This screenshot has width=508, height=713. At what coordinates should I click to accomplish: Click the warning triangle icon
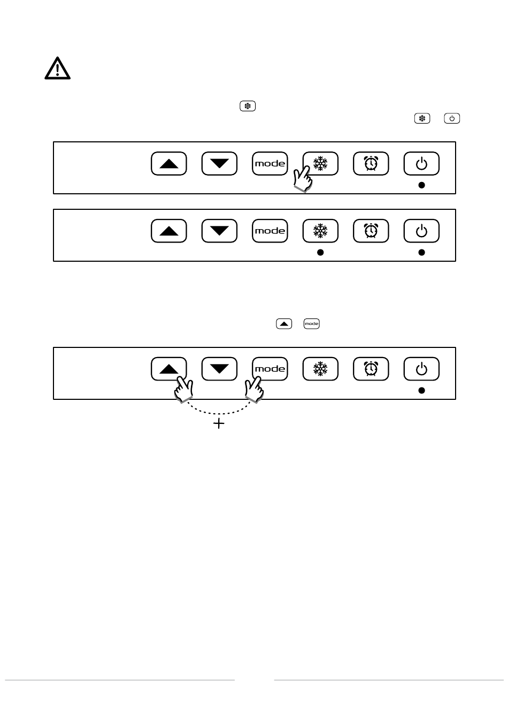(x=57, y=69)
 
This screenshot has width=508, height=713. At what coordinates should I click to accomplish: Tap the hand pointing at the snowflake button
(x=302, y=179)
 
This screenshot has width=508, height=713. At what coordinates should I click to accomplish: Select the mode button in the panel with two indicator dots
(x=270, y=231)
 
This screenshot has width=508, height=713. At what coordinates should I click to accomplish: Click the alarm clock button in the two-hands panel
(x=371, y=369)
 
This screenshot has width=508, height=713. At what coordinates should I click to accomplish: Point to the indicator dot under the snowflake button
(x=320, y=253)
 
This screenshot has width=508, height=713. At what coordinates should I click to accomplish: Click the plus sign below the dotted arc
(x=219, y=423)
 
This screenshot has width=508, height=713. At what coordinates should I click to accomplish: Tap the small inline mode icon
(x=312, y=324)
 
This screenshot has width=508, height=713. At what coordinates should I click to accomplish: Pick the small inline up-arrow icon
(x=284, y=324)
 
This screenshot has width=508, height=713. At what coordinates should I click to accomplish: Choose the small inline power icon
(x=452, y=118)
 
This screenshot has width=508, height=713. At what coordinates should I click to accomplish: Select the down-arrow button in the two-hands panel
(x=219, y=369)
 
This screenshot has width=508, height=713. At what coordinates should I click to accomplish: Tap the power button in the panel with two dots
(x=421, y=231)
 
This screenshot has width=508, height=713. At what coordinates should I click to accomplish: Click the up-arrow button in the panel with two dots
(x=169, y=231)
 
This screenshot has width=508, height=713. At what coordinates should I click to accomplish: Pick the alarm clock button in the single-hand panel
(x=371, y=164)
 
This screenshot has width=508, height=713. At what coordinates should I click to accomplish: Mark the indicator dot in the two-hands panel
(x=421, y=391)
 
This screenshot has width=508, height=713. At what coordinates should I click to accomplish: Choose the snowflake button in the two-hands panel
(x=320, y=369)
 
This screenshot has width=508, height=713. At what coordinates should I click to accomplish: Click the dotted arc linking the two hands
(x=219, y=413)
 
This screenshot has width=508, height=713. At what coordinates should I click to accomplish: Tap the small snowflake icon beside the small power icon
(x=422, y=118)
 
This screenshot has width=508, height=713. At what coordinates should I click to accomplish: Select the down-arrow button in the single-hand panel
(x=219, y=164)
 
